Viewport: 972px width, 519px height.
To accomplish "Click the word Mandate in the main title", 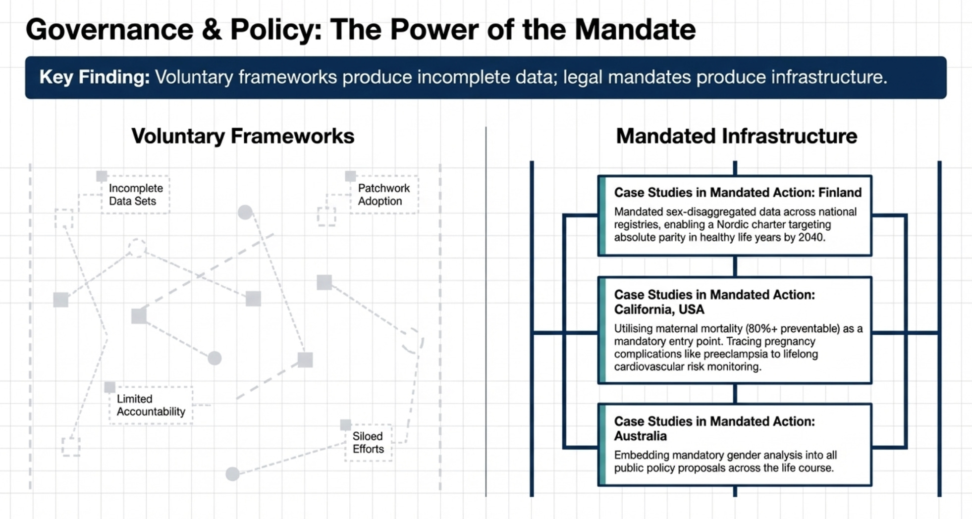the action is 635,29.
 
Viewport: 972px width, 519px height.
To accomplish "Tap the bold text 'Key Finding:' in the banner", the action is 95,77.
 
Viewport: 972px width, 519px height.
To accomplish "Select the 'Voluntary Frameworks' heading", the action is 243,136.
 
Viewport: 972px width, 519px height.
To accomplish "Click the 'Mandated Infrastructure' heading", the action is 737,136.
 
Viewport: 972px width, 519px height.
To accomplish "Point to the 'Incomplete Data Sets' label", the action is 136,195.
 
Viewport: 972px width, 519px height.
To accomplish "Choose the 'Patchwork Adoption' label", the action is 384,195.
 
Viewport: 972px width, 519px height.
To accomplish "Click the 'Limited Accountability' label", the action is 151,405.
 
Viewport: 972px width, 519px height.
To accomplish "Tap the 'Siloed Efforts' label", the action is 368,442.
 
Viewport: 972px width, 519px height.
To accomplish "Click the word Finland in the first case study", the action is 840,193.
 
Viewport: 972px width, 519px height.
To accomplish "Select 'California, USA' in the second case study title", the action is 659,310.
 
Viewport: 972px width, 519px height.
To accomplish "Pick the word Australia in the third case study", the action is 641,436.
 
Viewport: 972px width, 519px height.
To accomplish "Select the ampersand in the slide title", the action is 212,29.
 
